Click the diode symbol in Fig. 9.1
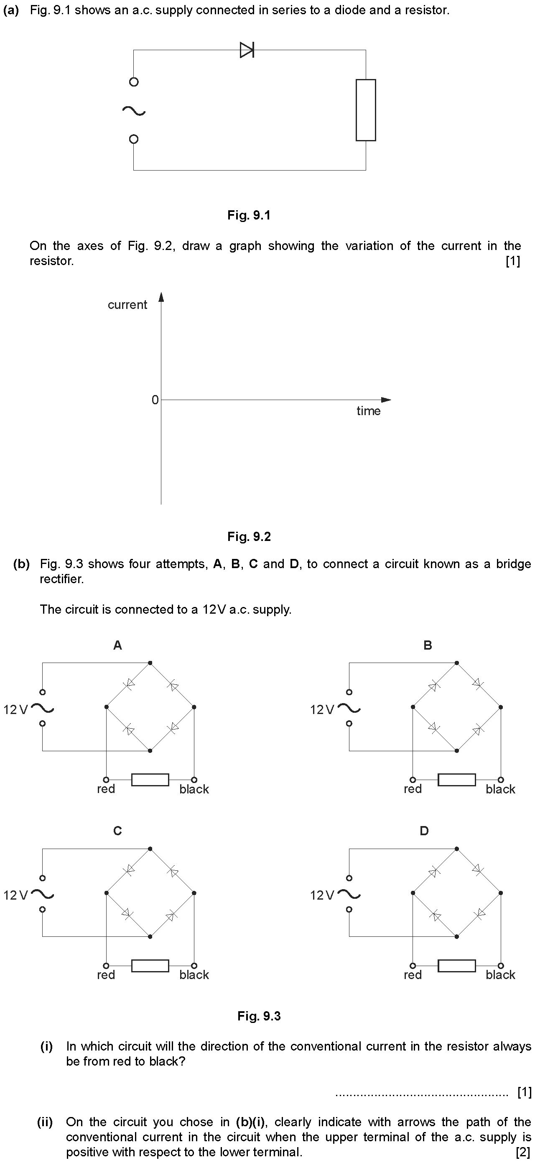[x=247, y=50]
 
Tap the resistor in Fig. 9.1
[x=366, y=110]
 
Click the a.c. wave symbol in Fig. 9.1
[x=133, y=111]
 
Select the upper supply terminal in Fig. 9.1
[x=133, y=82]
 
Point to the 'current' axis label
[x=127, y=305]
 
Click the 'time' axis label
[x=368, y=411]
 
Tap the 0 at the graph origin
[x=155, y=400]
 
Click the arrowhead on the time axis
[x=385, y=400]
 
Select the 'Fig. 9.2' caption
[x=249, y=537]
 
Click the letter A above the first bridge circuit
[x=117, y=645]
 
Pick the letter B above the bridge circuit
[x=428, y=645]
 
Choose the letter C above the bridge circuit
[x=117, y=831]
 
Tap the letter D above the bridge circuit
[x=424, y=831]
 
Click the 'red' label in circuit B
[x=413, y=789]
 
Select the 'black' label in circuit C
[x=194, y=975]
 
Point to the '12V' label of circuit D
[x=322, y=895]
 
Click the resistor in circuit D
[x=456, y=966]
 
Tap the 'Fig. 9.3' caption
[x=259, y=1016]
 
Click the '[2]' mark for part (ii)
[x=523, y=1152]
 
